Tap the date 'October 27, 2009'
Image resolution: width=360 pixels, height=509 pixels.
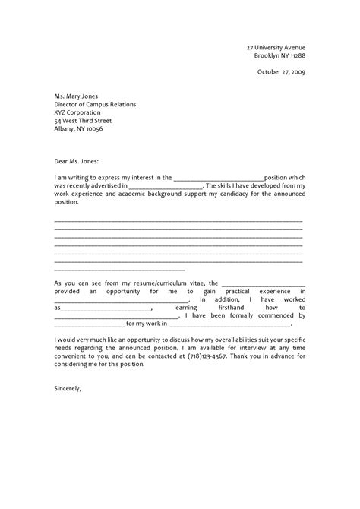click(x=279, y=74)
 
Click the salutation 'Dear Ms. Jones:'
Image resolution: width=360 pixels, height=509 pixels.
click(x=77, y=161)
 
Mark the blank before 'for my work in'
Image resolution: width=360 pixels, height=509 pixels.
click(x=84, y=324)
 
